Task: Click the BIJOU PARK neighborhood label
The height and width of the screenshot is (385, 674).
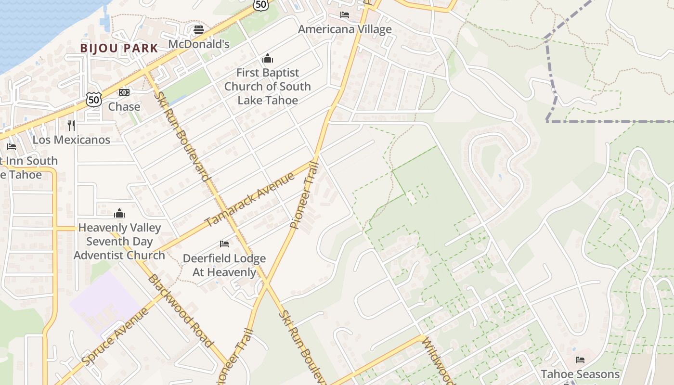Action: click(119, 48)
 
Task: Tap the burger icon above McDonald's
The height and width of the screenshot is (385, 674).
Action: click(199, 30)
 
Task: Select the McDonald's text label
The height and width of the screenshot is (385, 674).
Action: click(199, 44)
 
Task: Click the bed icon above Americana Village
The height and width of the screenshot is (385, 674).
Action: click(345, 15)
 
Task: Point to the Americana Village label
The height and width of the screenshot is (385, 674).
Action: click(345, 29)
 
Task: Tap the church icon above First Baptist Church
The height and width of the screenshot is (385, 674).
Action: click(268, 59)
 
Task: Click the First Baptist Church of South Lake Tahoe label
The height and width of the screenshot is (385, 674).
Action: click(268, 87)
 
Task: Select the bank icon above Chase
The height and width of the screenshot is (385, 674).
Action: click(124, 92)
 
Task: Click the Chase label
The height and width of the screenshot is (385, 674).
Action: click(124, 106)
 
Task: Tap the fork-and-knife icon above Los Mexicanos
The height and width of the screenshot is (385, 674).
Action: click(71, 126)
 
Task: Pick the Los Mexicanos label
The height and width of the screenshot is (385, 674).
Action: click(71, 140)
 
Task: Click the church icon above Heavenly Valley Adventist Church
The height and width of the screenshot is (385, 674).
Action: click(119, 213)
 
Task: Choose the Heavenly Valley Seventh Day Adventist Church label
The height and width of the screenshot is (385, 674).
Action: click(119, 241)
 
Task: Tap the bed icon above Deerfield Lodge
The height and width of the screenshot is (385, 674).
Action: click(224, 244)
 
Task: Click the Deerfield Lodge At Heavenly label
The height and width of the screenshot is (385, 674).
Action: click(224, 265)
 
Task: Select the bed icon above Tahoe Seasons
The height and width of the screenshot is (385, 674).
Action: click(580, 360)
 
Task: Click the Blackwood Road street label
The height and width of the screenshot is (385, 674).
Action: click(180, 310)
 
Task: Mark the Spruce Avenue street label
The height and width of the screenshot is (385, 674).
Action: click(116, 336)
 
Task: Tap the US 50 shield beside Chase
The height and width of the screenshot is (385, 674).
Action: click(94, 100)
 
